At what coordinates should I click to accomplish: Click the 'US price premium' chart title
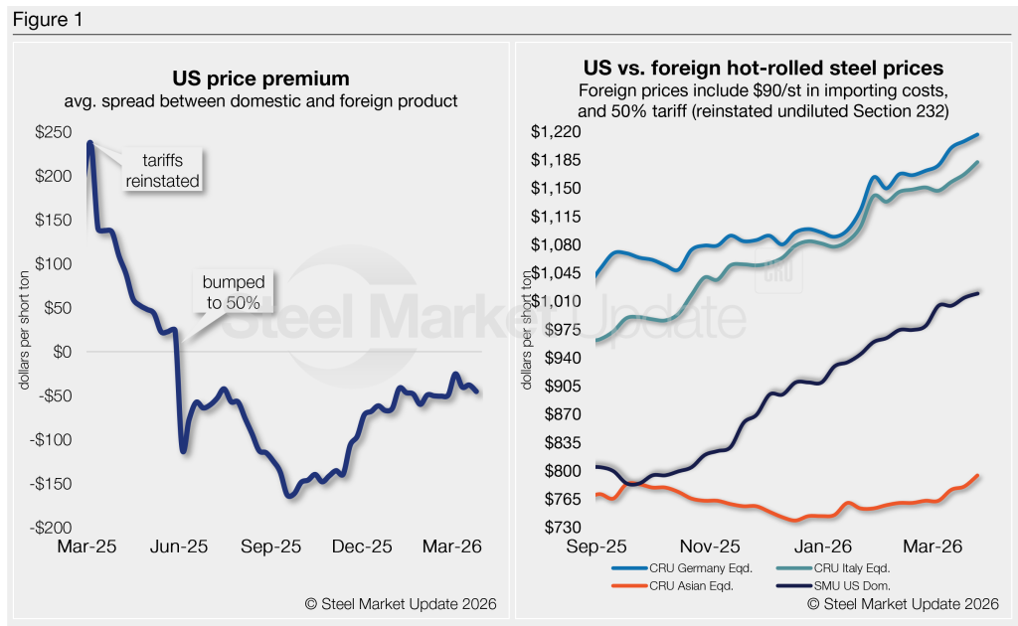tap(262, 78)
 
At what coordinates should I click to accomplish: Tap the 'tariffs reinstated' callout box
tap(163, 170)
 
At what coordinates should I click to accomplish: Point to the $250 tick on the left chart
tap(55, 132)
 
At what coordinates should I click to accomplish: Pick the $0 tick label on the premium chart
tap(64, 352)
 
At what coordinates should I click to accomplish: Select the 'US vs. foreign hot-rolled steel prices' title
tap(763, 69)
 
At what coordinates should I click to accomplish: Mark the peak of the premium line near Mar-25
tap(90, 142)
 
